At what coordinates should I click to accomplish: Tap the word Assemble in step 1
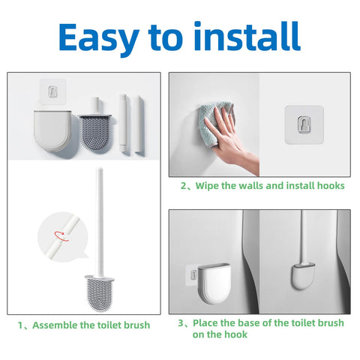pos(55,325)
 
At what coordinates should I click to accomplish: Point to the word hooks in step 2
pos(331,185)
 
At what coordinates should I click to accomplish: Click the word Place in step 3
pos(205,322)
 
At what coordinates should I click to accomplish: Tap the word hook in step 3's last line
pos(235,334)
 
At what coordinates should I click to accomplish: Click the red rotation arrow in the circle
pos(61,235)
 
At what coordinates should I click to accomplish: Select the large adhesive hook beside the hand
pos(304,124)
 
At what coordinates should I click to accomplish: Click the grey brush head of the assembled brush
pos(100,293)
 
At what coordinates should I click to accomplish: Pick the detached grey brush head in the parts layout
pos(96,133)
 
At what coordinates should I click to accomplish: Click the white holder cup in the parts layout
pos(52,130)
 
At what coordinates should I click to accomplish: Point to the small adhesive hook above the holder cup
pos(52,91)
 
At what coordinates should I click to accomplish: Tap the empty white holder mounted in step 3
pos(214,283)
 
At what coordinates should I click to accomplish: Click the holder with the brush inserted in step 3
pos(303,276)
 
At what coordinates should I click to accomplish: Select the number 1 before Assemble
pos(20,325)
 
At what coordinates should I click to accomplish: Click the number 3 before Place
pos(181,322)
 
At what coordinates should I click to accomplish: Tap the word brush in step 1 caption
pos(137,325)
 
